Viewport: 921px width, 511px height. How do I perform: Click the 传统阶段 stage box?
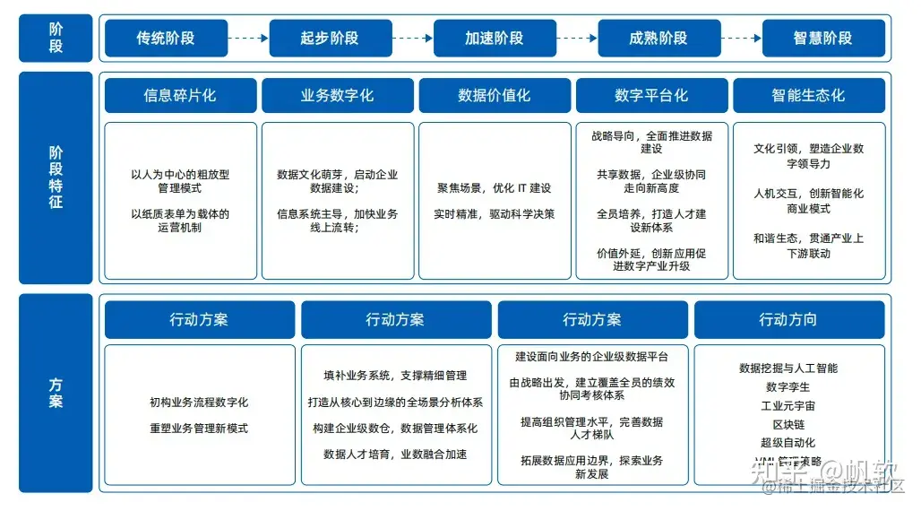(165, 39)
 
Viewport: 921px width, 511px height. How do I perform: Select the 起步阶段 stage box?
(329, 39)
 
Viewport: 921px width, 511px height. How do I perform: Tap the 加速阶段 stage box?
(494, 39)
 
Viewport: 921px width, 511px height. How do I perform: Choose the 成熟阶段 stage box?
(658, 39)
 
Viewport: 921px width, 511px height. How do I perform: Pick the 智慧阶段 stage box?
(822, 39)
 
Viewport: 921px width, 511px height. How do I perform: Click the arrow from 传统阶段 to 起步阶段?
(247, 39)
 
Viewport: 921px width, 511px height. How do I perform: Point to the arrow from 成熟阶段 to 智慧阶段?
(741, 39)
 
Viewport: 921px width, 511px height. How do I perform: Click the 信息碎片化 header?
(180, 95)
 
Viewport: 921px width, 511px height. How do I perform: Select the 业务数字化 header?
(337, 95)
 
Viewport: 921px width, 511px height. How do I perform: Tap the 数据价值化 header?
(495, 95)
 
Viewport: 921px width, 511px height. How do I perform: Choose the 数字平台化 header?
(651, 95)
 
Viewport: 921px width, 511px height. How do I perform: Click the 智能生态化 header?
(808, 95)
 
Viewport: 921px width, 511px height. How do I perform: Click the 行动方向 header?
(788, 320)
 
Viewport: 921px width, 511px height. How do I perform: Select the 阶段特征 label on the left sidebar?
(56, 178)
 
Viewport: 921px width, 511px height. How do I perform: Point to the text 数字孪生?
(788, 387)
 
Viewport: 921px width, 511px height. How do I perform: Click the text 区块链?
(788, 424)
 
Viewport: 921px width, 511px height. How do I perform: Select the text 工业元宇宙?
(788, 406)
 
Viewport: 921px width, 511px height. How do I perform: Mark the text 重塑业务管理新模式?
(199, 429)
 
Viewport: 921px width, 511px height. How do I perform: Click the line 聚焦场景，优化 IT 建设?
(495, 188)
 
